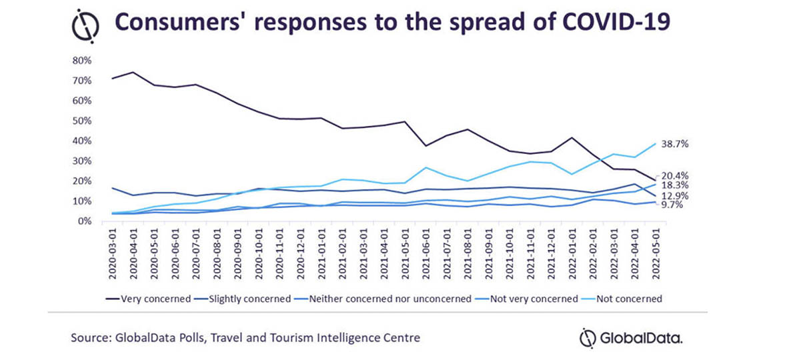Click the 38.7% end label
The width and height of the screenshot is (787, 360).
click(675, 144)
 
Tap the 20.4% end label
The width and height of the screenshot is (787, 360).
click(675, 176)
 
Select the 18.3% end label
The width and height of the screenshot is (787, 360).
click(675, 185)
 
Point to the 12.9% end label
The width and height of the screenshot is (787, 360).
click(675, 196)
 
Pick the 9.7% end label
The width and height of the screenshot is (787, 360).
click(673, 206)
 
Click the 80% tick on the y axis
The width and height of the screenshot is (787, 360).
click(81, 61)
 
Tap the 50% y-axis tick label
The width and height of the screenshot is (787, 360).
click(81, 121)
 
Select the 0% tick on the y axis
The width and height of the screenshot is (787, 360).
click(83, 221)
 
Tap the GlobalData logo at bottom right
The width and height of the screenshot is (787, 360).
click(630, 338)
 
